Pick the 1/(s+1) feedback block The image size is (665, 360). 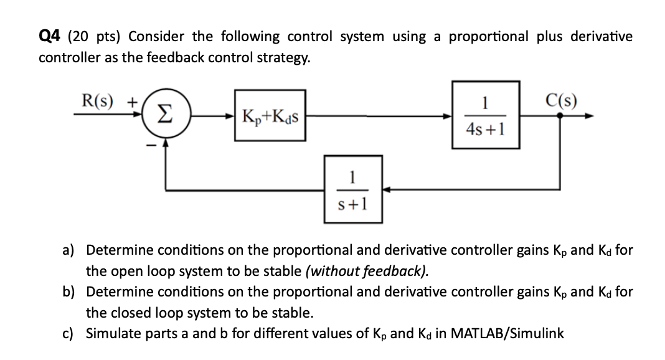tap(352, 189)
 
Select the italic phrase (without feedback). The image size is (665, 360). tap(369, 270)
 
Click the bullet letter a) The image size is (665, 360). tap(68, 250)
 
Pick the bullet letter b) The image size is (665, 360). tap(68, 291)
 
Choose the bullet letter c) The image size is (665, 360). tap(68, 333)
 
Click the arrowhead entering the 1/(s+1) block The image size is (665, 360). tap(385, 189)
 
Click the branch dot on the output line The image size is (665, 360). tap(559, 116)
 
